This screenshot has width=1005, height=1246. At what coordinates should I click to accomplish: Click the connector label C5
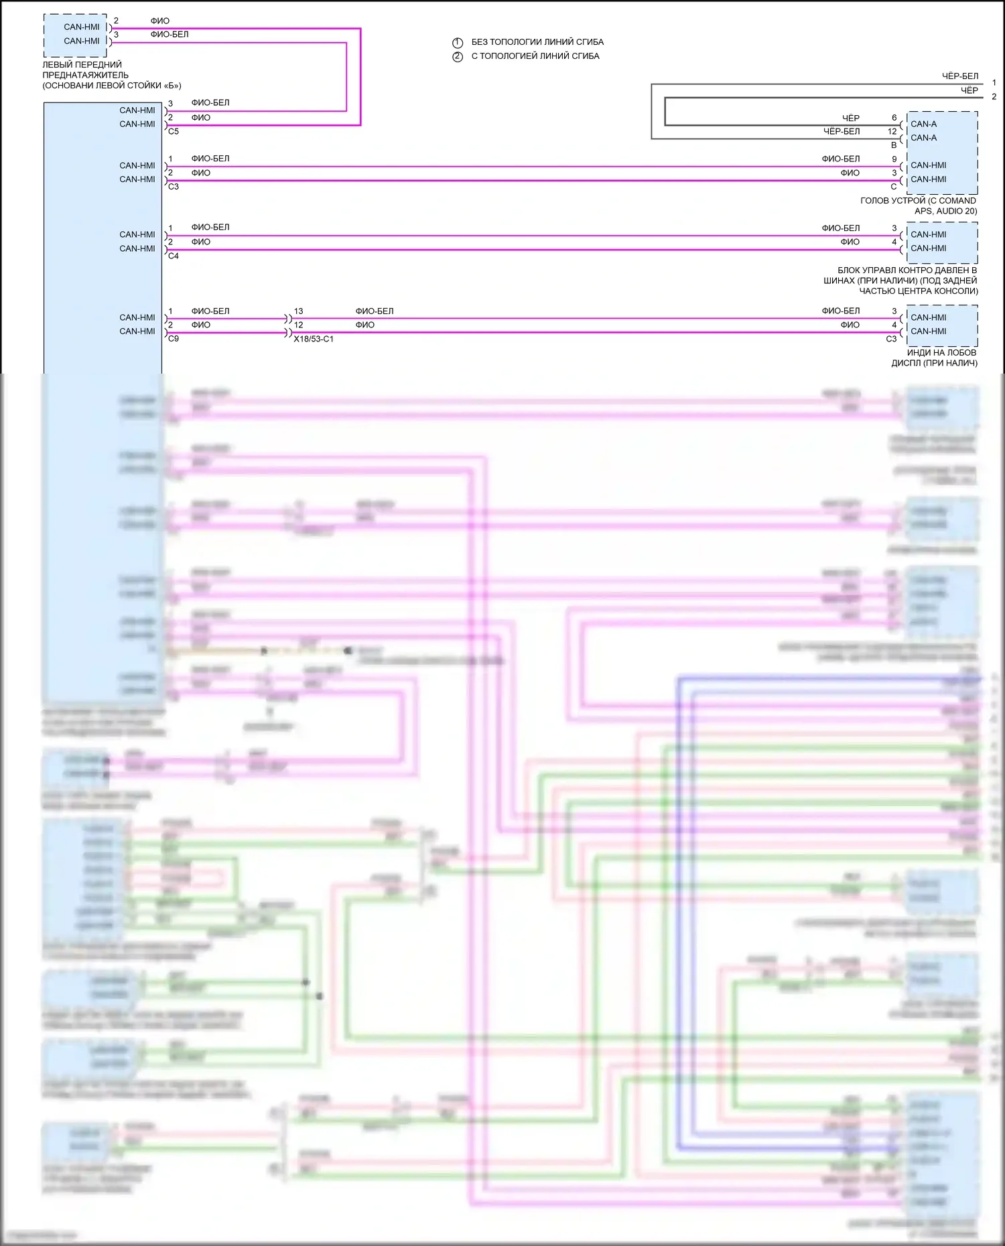[174, 132]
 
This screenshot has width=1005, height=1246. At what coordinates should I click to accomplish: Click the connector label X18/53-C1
[313, 339]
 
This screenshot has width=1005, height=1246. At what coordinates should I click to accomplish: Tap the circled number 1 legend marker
[458, 42]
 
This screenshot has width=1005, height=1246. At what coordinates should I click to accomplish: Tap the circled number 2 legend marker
[458, 56]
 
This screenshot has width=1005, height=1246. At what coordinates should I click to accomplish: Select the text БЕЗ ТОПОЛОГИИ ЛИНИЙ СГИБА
[537, 42]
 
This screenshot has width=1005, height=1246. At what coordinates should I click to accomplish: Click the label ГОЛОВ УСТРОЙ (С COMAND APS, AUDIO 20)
[918, 206]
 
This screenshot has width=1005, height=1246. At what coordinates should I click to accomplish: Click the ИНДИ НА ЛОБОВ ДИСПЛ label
[934, 358]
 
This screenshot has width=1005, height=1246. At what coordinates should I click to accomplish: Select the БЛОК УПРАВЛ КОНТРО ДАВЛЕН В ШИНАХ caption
[900, 281]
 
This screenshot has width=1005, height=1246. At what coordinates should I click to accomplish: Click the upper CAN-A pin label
[923, 124]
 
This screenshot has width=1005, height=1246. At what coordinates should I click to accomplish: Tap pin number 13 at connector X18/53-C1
[298, 311]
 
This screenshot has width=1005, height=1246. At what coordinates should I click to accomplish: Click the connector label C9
[174, 339]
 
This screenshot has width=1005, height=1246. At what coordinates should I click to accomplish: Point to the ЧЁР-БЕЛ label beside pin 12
[842, 132]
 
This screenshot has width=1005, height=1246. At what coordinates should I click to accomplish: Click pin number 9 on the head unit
[894, 159]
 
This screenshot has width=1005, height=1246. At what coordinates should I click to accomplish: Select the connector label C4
[174, 256]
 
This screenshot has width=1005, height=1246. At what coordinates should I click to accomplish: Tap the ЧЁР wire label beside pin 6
[850, 119]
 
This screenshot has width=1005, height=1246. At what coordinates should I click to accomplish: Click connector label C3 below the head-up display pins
[891, 339]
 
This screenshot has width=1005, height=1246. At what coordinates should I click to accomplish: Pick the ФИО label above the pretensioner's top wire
[160, 21]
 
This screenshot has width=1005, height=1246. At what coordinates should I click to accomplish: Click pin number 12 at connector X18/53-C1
[298, 325]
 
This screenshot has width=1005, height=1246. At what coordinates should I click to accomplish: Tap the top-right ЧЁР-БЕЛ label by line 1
[959, 76]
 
